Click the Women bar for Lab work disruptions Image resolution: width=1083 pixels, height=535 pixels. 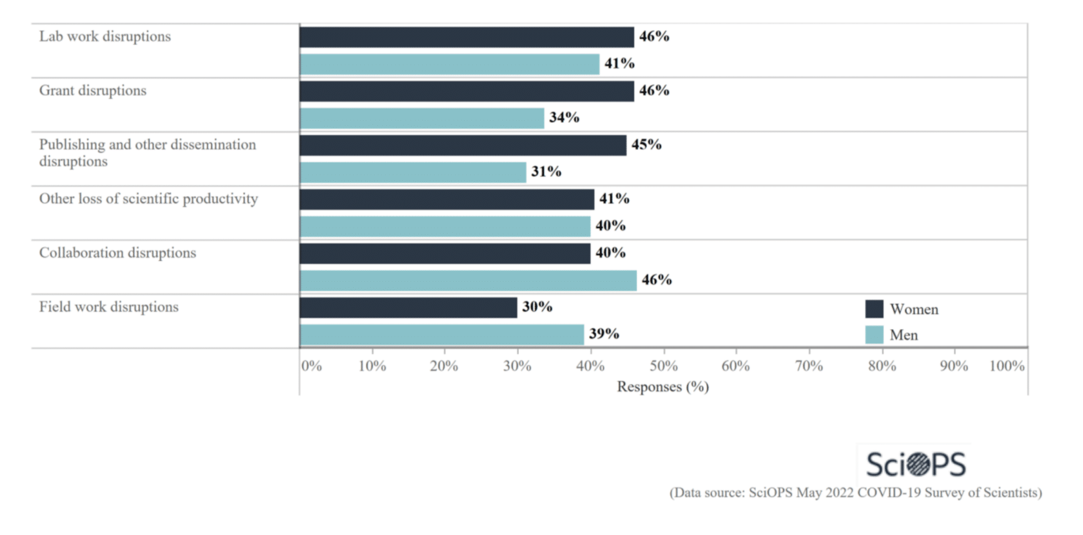point(467,37)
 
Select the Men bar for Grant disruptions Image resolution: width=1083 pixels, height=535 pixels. point(422,118)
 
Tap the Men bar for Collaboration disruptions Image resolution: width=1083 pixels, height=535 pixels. point(468,281)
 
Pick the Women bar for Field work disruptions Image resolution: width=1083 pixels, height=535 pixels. point(408,308)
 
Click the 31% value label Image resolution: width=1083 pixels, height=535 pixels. point(546,172)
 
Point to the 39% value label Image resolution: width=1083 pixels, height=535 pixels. point(603,334)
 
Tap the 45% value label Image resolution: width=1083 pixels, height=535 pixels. point(646,145)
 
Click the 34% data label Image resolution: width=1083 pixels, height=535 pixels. point(564,118)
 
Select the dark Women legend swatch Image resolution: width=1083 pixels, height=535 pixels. point(874,309)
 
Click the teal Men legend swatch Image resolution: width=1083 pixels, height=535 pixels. point(874,335)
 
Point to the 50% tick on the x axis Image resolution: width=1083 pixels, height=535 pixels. point(663,366)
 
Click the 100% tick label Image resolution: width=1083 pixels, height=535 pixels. point(1007,366)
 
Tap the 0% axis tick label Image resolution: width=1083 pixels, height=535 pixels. point(312,366)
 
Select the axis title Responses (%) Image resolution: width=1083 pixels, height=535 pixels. point(663,386)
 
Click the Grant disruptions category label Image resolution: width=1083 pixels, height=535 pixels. point(93,91)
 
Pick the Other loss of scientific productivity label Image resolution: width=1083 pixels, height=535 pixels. point(148,199)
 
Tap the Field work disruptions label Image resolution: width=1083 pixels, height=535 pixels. point(109,307)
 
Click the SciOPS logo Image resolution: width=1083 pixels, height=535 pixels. point(916,464)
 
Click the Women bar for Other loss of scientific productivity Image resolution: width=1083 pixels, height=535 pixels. point(447,200)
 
